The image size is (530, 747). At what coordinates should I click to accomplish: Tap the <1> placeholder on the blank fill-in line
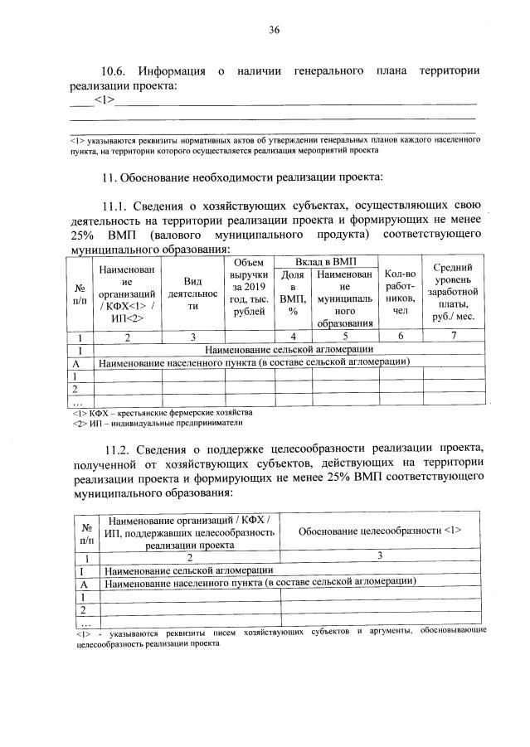click(105, 100)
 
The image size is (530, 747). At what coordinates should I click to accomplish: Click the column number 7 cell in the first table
click(452, 337)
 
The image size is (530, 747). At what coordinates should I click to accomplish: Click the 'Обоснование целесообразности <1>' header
click(379, 530)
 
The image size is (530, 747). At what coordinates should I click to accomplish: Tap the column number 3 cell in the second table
click(379, 556)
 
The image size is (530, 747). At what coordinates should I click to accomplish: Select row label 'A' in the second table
click(85, 583)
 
